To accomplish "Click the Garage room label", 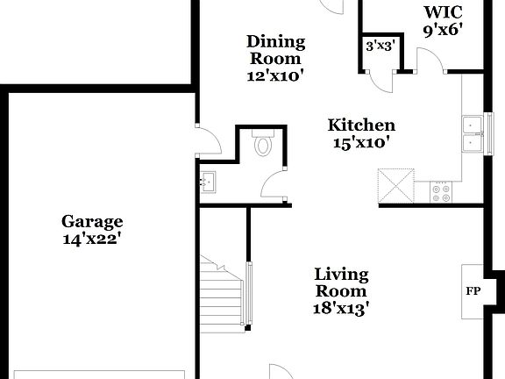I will pos(91,221).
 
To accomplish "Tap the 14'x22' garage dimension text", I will pos(91,238).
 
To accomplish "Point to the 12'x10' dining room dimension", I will pos(275,75).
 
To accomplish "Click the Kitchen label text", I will pos(361,125).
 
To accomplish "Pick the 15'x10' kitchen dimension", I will pos(361,142).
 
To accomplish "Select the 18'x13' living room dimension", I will pos(341,308).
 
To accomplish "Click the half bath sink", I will pos(210,182).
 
